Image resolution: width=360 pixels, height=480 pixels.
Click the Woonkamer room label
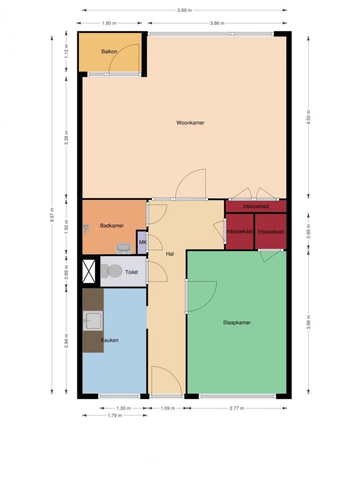[x=190, y=123]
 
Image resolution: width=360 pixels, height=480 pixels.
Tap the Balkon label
[x=109, y=51]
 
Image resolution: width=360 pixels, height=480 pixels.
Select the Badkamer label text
[x=112, y=226]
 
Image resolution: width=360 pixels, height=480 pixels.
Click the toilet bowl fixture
[x=111, y=270]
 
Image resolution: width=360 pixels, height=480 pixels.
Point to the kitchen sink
[x=92, y=321]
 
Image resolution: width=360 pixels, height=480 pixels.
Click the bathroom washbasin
[x=124, y=248]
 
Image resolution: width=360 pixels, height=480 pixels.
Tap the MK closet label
[x=142, y=243]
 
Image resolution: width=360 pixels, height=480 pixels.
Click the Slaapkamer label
[x=237, y=323]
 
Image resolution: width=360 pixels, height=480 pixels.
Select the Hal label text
[x=170, y=254]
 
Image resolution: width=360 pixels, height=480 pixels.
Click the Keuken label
[x=109, y=340]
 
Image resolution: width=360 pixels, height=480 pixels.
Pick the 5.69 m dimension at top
[x=185, y=10]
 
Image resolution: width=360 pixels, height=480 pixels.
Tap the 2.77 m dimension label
[x=237, y=408]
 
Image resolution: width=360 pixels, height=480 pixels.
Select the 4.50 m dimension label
[x=309, y=117]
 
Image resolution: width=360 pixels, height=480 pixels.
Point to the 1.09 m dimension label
[x=168, y=408]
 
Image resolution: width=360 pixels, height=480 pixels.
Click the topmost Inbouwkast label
[x=256, y=206]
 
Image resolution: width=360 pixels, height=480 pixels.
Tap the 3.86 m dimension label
[x=217, y=23]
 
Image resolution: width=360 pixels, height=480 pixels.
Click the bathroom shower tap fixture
[x=86, y=228]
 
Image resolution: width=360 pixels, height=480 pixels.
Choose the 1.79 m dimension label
[x=115, y=415]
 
